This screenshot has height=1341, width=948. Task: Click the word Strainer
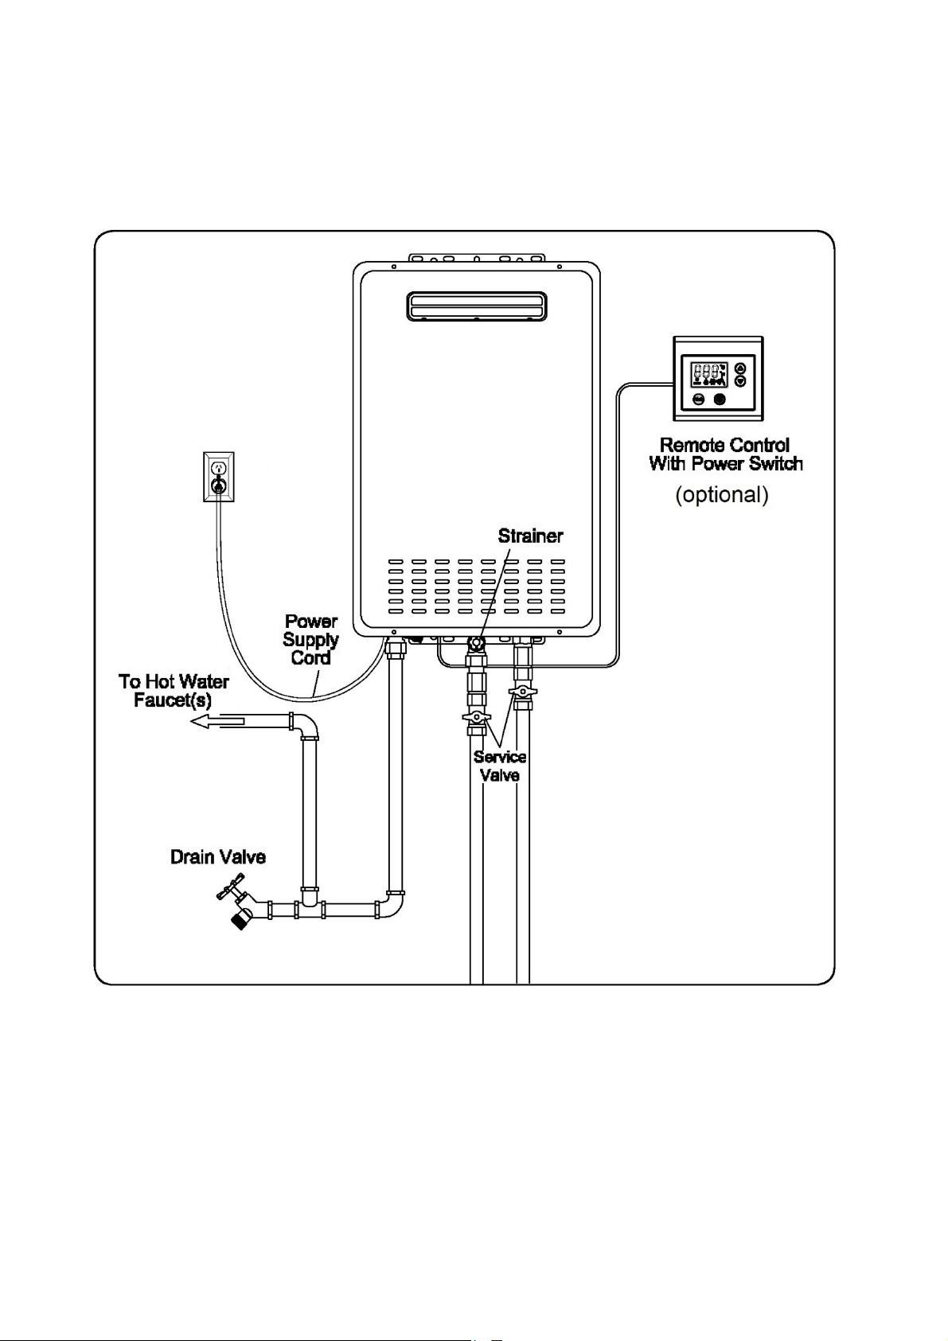tap(530, 536)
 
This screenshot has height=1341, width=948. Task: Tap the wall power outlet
tap(219, 477)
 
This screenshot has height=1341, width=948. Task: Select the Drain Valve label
tap(218, 857)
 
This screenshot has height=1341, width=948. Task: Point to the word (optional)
tap(722, 494)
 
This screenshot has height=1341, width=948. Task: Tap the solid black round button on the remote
tap(720, 399)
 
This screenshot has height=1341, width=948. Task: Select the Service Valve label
tap(499, 766)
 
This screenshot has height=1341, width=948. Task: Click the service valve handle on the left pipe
tap(477, 716)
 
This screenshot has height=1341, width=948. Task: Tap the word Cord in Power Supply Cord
tap(310, 658)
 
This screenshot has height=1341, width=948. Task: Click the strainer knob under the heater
tap(478, 644)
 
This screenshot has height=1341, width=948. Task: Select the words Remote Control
tap(724, 445)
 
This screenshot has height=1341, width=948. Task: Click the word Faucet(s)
tap(173, 700)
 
